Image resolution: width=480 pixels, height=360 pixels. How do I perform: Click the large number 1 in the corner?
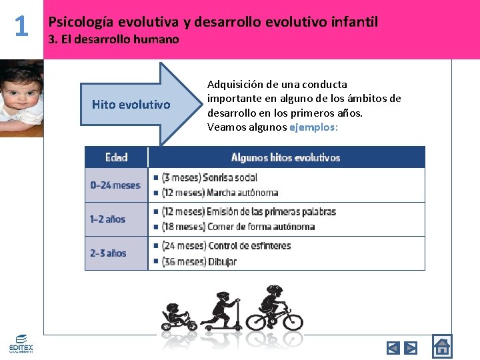(21, 26)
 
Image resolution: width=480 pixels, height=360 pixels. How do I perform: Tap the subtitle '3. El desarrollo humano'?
(114, 39)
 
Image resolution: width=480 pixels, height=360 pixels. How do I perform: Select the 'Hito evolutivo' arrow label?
(131, 105)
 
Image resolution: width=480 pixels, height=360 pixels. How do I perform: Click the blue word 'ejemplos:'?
(314, 127)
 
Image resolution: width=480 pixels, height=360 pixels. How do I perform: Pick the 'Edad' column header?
(117, 158)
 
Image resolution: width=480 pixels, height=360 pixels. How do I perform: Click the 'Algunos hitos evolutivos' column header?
(285, 158)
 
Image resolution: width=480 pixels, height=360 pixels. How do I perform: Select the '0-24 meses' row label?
(115, 185)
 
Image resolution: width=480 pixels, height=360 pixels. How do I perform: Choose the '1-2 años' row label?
(108, 219)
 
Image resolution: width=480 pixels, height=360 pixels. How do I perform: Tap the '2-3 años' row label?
(108, 253)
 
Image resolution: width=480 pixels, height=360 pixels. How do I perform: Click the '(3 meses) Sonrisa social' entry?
(209, 177)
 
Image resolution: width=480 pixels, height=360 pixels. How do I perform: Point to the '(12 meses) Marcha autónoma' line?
(219, 193)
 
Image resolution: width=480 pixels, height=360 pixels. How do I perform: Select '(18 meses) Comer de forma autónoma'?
(238, 227)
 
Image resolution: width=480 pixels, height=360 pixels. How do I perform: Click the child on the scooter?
(225, 311)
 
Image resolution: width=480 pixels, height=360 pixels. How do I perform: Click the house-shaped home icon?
(441, 346)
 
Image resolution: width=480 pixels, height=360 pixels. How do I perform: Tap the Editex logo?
(21, 343)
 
